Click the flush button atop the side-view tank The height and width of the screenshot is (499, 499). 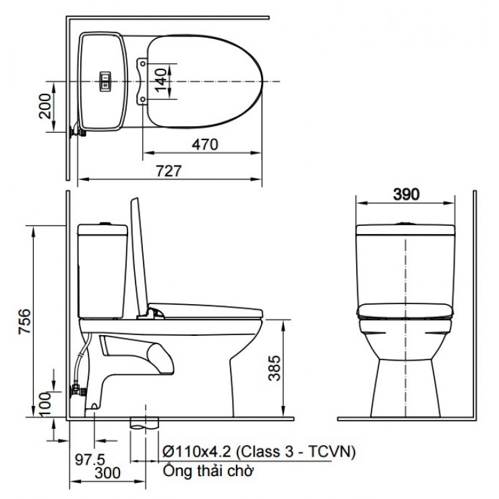pos(102,223)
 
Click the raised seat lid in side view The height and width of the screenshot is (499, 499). pos(140,256)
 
